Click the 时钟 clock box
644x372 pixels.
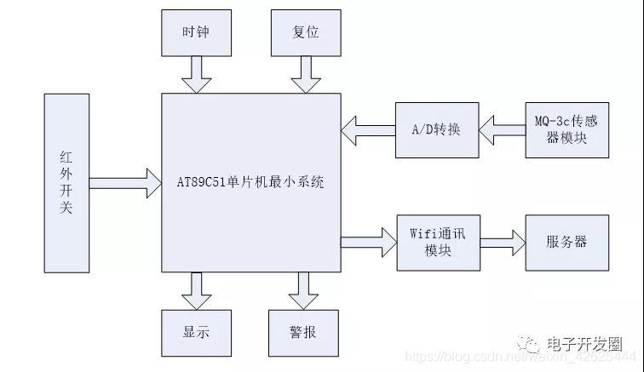coord(196,33)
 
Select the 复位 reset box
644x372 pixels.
coord(305,33)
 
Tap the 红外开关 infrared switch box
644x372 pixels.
coord(66,182)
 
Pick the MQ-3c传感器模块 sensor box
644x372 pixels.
coord(566,129)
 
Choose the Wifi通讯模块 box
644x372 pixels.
coord(437,243)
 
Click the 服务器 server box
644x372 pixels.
coord(566,243)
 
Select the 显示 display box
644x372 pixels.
coord(196,332)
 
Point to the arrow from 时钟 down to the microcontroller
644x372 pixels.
coord(196,75)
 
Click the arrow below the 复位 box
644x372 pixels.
coord(304,75)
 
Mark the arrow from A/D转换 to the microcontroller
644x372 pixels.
coord(367,130)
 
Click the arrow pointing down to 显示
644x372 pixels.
coord(196,291)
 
